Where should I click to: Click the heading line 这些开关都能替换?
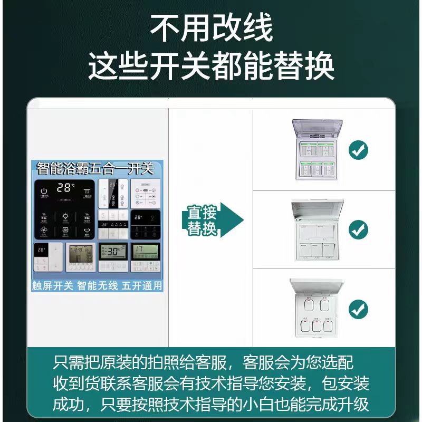pyautogui.click(x=211, y=67)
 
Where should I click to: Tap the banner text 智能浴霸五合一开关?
pyautogui.click(x=95, y=169)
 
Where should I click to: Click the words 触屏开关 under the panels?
pyautogui.click(x=52, y=285)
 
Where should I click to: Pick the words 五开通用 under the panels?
pyautogui.click(x=142, y=285)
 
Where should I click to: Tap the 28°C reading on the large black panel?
pyautogui.click(x=66, y=187)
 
